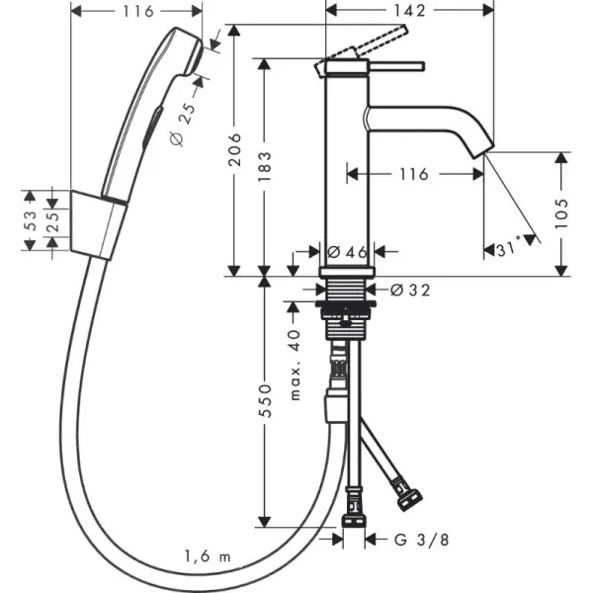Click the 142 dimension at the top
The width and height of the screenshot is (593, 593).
click(x=409, y=12)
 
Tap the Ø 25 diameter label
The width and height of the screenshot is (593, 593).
click(x=184, y=124)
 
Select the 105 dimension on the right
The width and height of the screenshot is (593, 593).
click(x=561, y=211)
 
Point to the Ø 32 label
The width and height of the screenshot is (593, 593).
click(x=409, y=290)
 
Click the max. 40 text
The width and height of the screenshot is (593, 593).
click(x=294, y=366)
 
